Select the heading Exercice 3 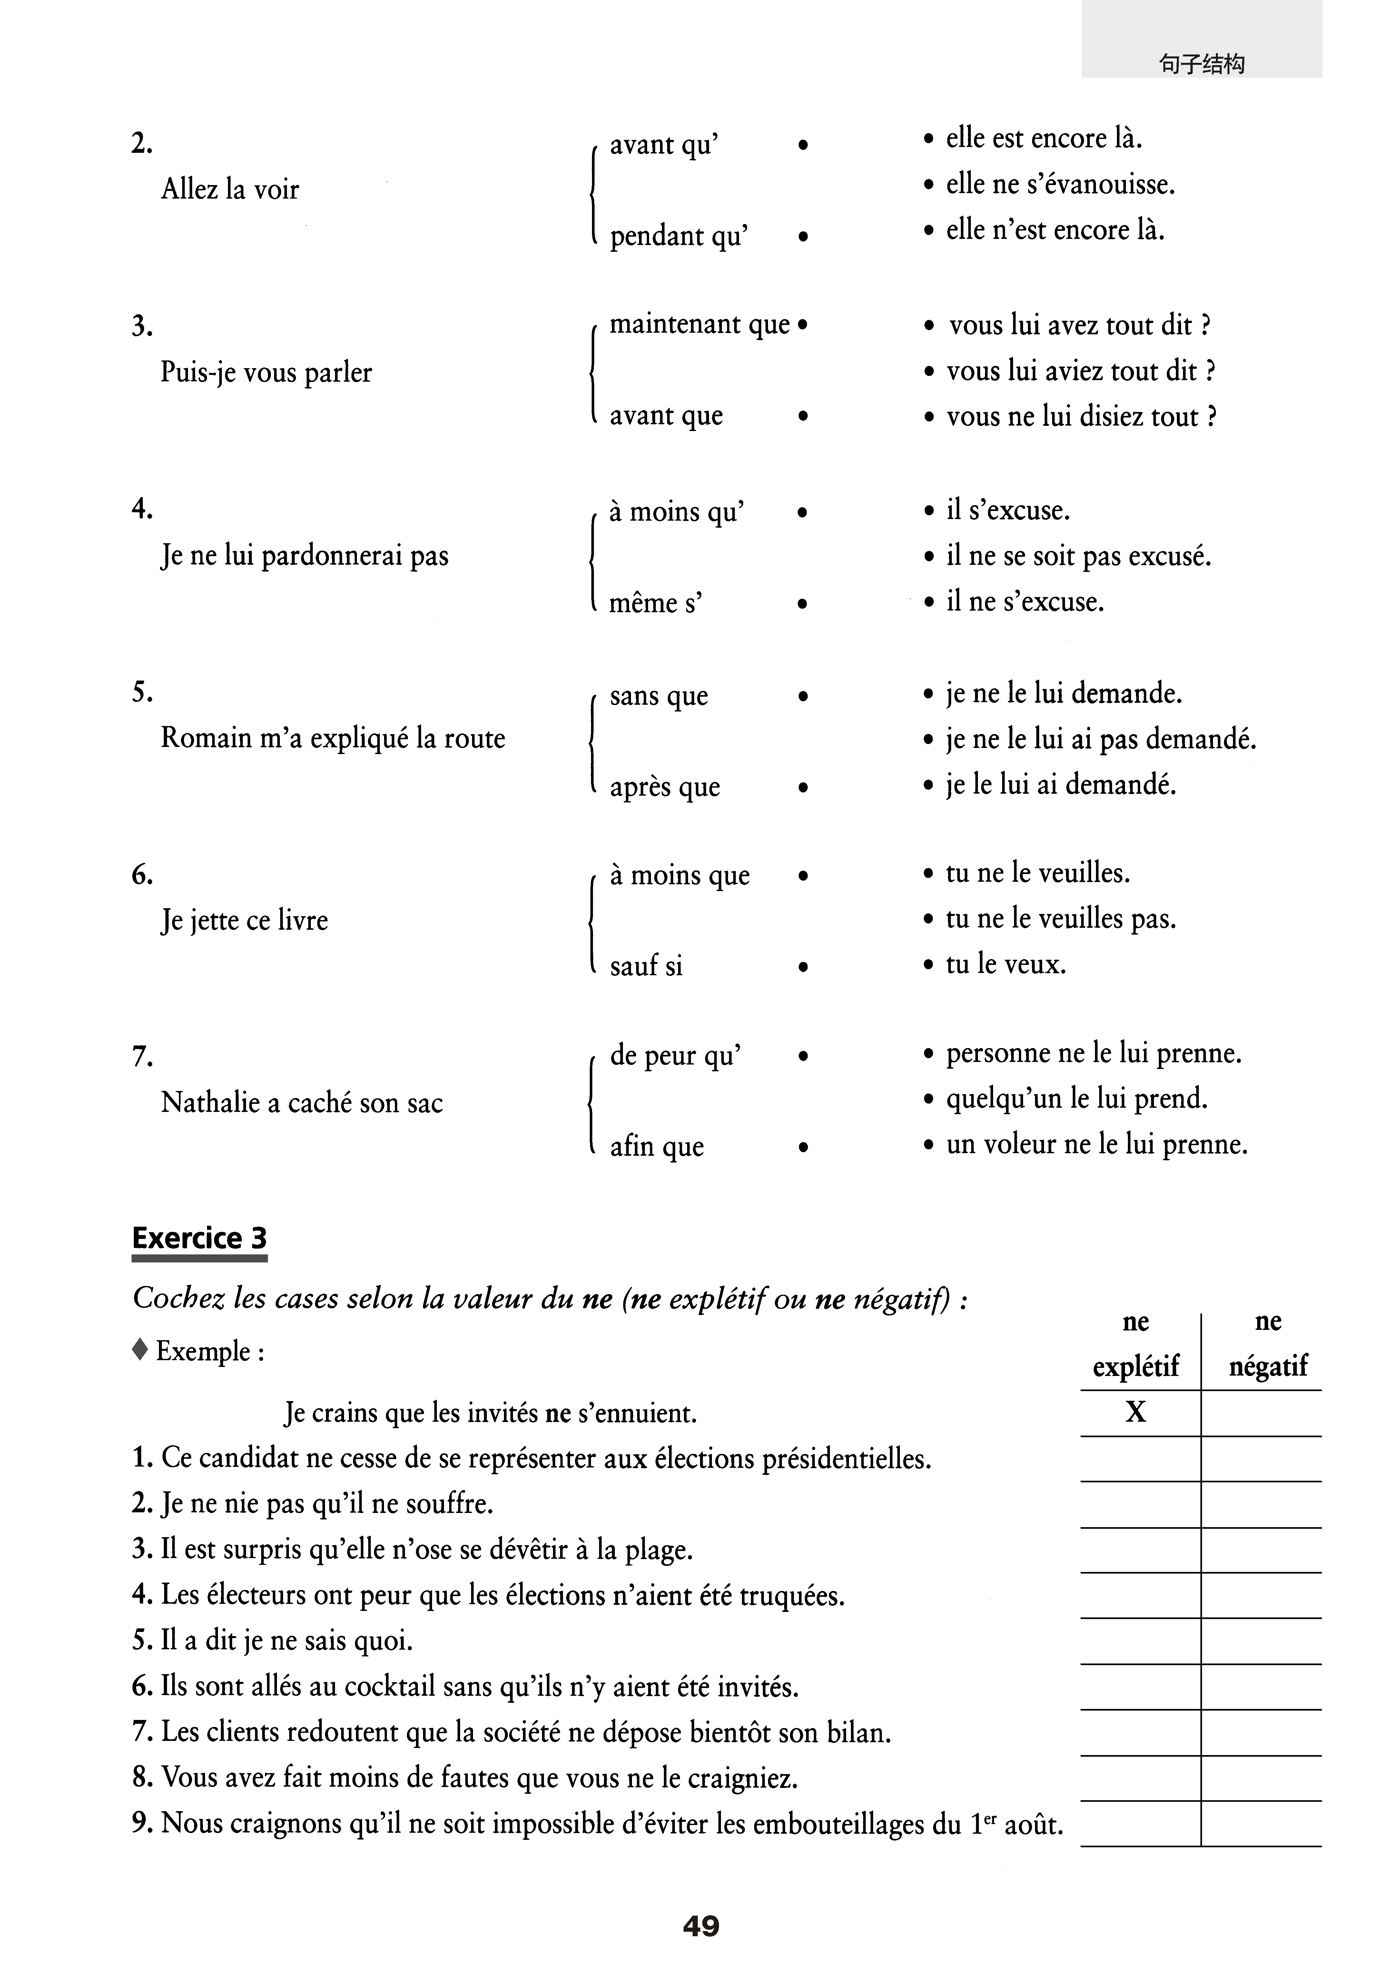click(x=200, y=1238)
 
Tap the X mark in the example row click(x=1136, y=1412)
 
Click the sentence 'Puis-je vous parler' click(x=266, y=372)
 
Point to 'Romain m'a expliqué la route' click(x=332, y=739)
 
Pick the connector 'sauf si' click(x=646, y=966)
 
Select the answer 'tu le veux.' click(x=1005, y=964)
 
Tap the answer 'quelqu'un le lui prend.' click(x=1076, y=1099)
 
